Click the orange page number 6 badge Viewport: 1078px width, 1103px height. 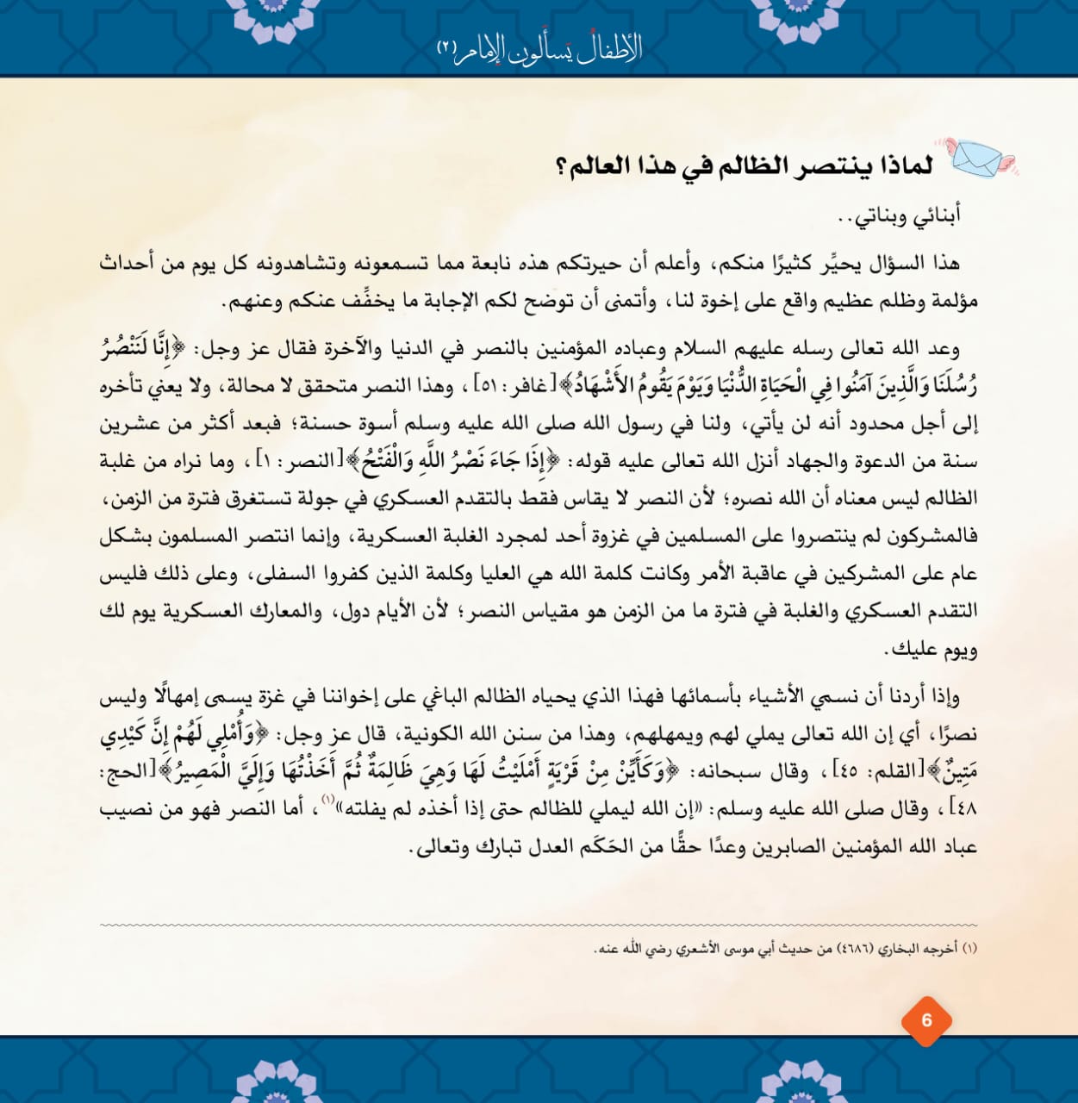click(926, 1021)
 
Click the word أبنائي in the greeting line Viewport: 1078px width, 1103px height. click(932, 215)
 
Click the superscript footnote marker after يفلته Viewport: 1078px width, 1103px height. click(327, 801)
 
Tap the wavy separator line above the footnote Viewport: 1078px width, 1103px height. click(539, 925)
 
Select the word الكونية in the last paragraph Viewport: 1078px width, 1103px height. click(441, 734)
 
